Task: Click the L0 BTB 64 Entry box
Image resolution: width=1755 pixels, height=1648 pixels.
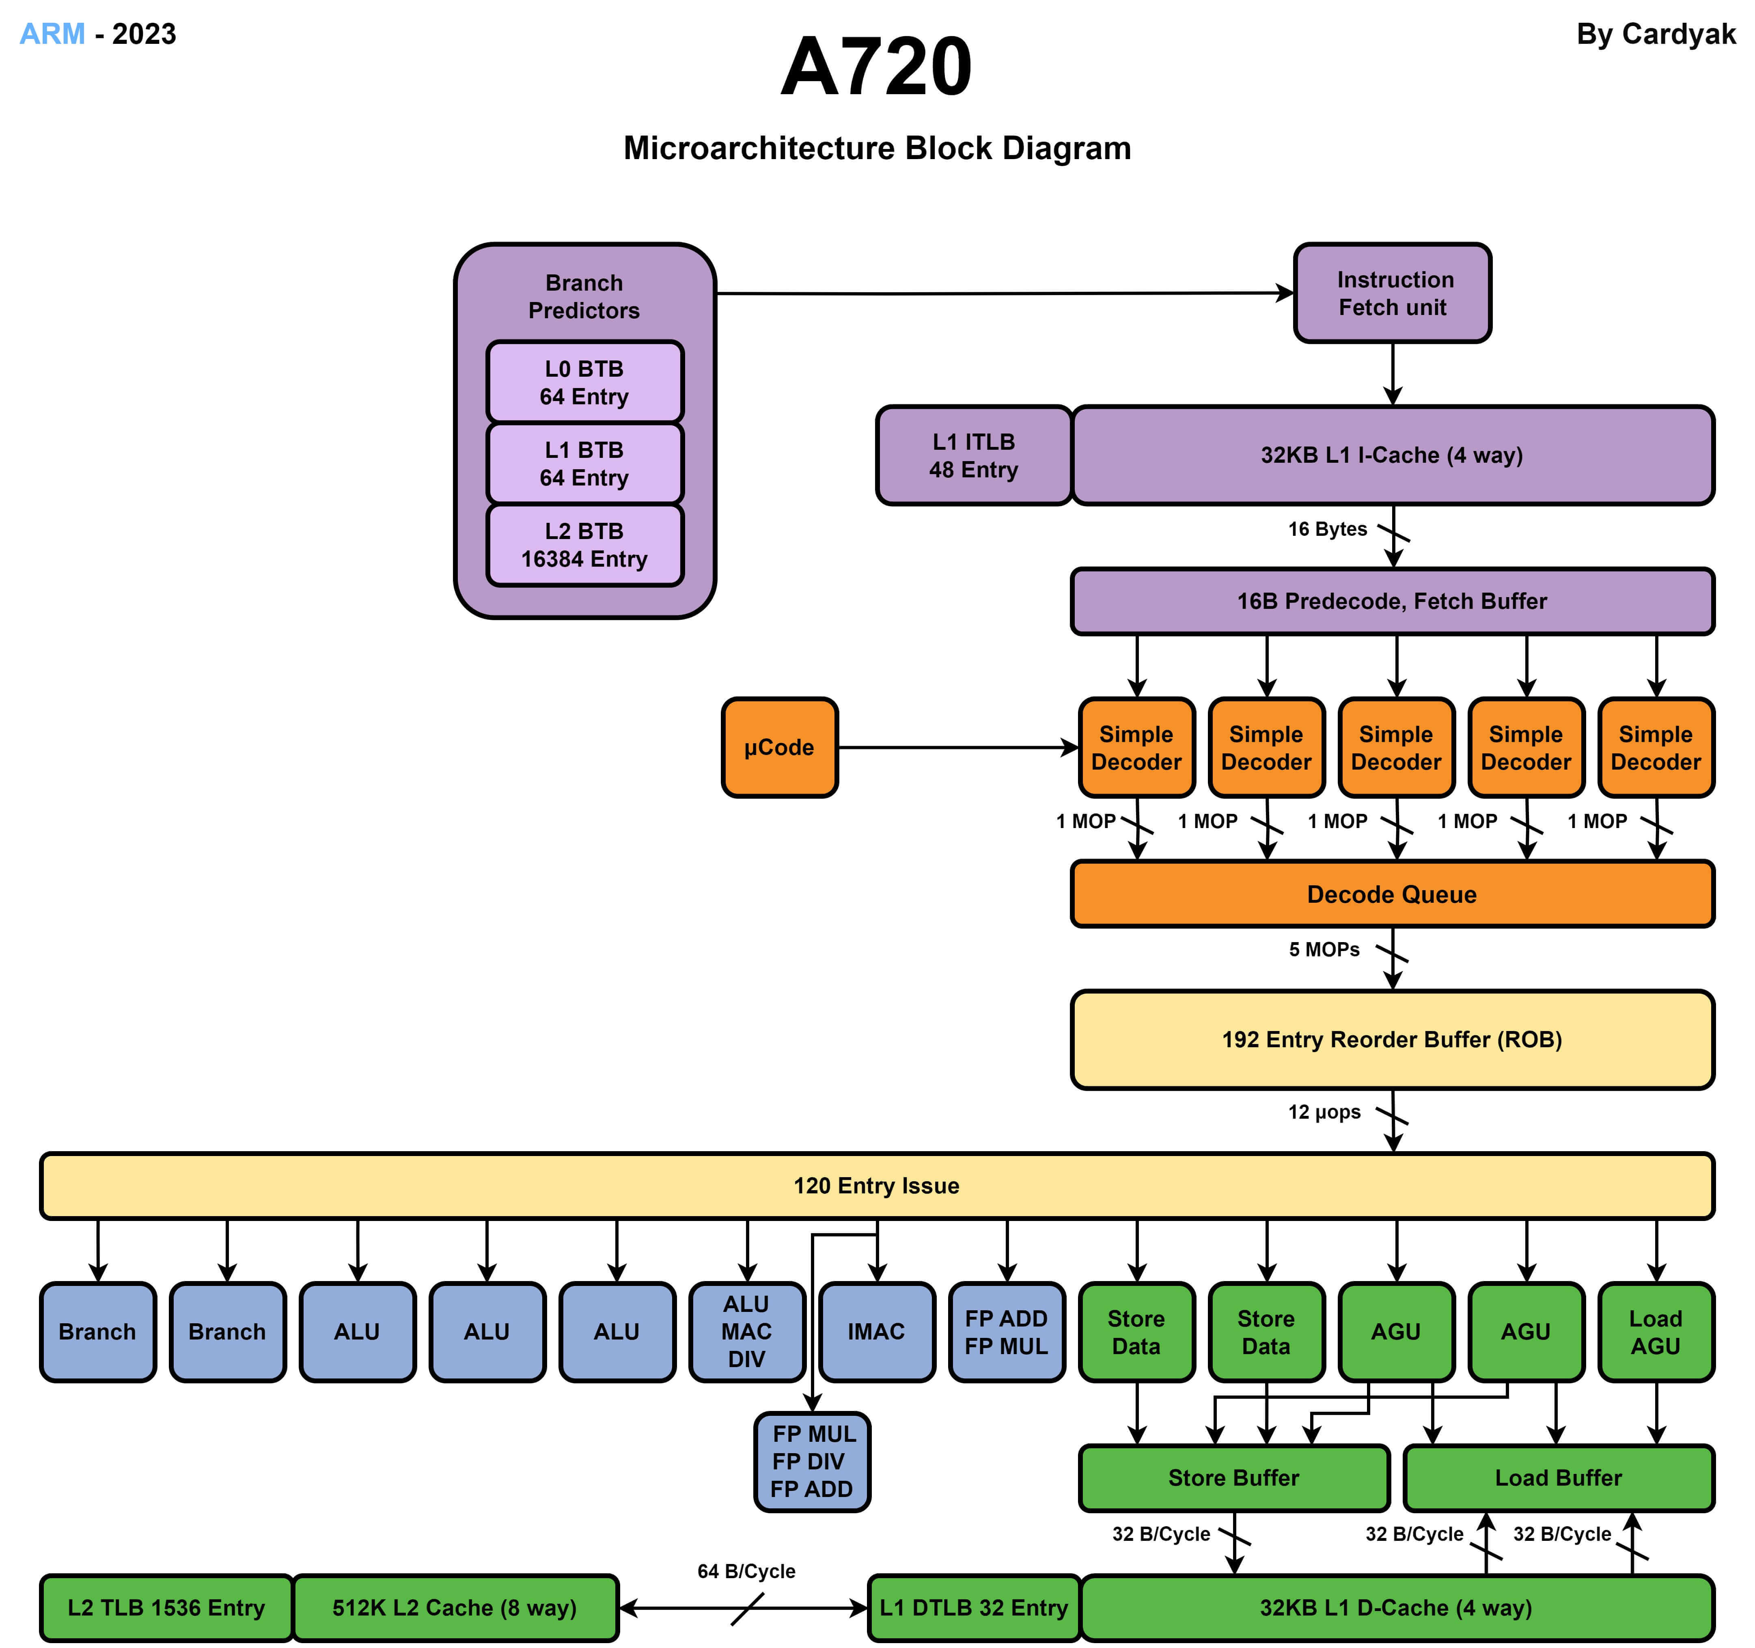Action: [584, 382]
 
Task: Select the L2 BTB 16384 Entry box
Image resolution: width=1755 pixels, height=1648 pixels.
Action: [584, 545]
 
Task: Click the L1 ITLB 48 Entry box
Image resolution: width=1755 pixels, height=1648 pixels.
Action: [974, 455]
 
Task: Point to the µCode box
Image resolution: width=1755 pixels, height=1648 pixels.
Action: [778, 748]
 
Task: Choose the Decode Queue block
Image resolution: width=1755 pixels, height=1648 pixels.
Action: [1392, 894]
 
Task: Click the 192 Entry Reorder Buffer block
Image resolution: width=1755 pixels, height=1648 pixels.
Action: [1392, 1040]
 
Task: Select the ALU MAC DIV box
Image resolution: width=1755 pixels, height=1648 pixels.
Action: [747, 1332]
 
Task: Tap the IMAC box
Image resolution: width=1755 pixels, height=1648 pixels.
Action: [877, 1332]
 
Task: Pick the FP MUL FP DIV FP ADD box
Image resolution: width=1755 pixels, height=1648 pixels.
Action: [812, 1462]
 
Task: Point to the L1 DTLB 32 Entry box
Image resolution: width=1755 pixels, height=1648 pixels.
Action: [974, 1608]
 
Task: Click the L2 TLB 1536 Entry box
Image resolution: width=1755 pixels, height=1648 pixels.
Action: [166, 1608]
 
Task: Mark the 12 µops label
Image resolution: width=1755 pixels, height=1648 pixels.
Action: [1324, 1112]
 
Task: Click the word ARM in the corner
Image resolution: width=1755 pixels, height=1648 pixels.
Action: [52, 34]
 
